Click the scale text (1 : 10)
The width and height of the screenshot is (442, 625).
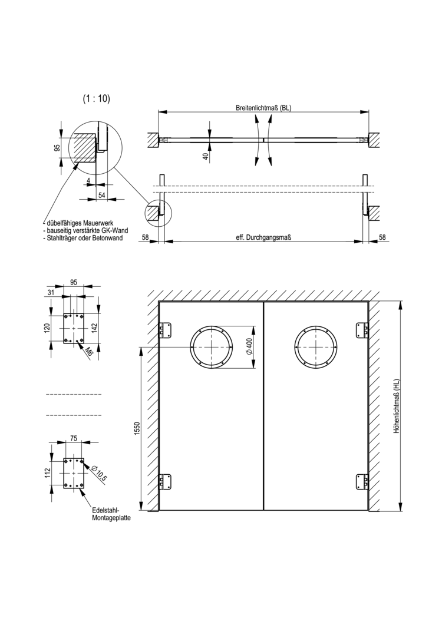(x=97, y=99)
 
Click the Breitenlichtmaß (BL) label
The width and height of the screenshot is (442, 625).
(x=263, y=108)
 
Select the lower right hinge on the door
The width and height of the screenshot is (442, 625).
(x=361, y=482)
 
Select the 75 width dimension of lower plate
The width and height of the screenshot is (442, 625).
(x=74, y=438)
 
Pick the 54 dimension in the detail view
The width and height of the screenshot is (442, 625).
(x=101, y=195)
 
